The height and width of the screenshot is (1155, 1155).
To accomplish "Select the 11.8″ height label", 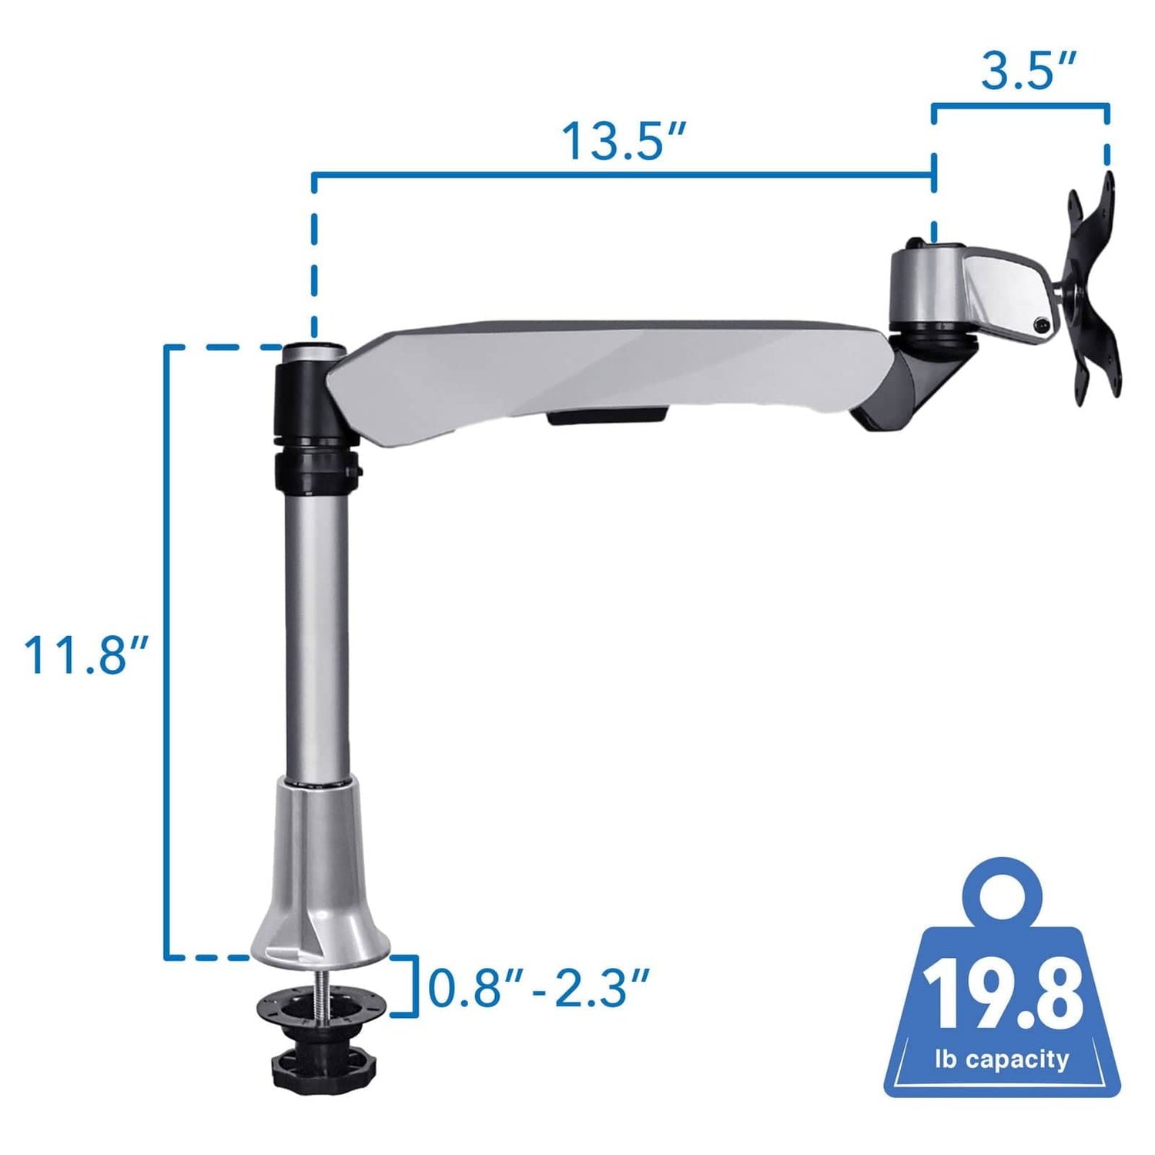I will pyautogui.click(x=85, y=655).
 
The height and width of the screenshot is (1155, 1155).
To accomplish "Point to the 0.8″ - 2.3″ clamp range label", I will pyautogui.click(x=538, y=988).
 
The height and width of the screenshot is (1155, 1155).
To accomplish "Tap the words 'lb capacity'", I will pyautogui.click(x=1002, y=1060).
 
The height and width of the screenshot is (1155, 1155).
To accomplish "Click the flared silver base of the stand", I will pyautogui.click(x=320, y=885).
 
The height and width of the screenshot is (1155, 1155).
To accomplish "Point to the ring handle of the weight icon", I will pyautogui.click(x=1001, y=893).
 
